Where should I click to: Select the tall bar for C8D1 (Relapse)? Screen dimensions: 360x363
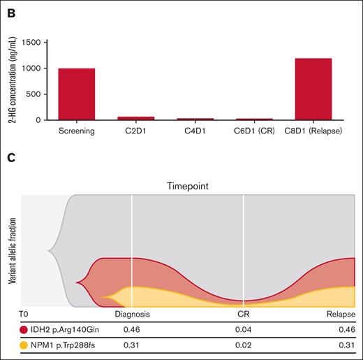pos(313,89)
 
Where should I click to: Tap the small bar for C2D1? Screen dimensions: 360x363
pos(135,118)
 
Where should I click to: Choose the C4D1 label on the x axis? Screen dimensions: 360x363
pos(195,129)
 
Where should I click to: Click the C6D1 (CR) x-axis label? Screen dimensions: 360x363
pos(253,129)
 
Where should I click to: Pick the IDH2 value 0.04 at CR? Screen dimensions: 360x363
pos(243,327)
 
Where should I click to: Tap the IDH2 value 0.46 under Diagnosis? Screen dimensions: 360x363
pos(133,327)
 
